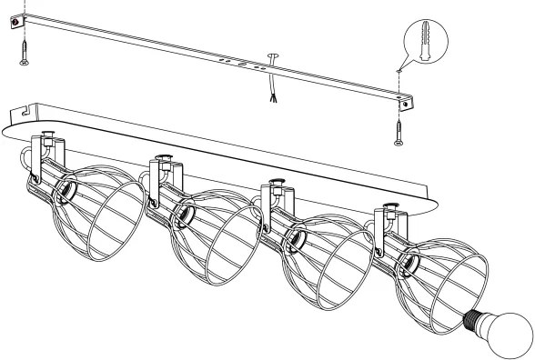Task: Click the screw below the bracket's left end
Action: coord(22,55)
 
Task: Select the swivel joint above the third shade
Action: coord(274,192)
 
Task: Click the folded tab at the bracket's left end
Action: coord(15,26)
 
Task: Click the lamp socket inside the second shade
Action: coord(183,215)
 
